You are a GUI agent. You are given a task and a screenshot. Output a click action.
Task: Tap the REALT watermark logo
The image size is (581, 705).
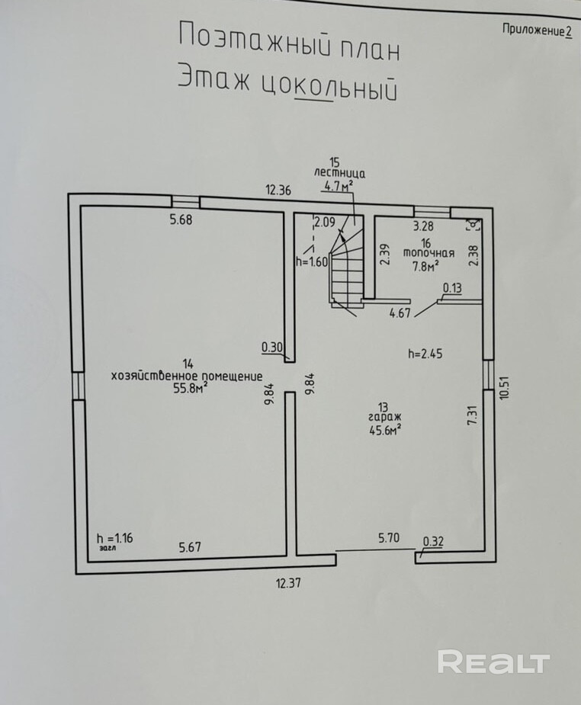pos(493,662)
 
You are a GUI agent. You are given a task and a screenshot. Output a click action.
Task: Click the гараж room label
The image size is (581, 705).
pos(384,418)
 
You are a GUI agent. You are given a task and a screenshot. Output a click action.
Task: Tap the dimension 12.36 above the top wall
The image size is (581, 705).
pos(278,191)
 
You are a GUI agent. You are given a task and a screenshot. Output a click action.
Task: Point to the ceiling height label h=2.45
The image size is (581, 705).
pos(425,353)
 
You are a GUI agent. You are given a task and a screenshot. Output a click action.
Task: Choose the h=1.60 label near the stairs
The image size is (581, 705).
pos(311,261)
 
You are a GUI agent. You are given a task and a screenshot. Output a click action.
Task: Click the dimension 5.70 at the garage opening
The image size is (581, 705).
pos(389,538)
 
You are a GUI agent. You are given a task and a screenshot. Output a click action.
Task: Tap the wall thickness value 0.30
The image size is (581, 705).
pos(272,348)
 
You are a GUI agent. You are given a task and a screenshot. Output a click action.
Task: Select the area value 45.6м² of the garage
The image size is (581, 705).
pos(384,430)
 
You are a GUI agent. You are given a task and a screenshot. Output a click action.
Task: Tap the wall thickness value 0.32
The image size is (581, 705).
pos(432,543)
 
